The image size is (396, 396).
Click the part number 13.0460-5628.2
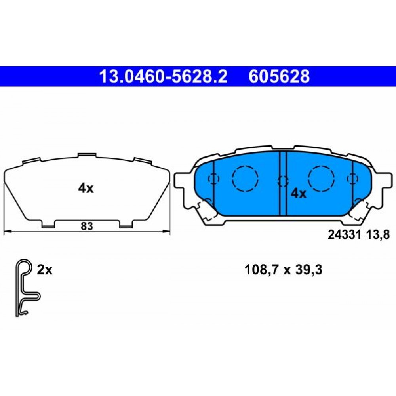[164, 77]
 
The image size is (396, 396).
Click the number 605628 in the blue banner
[279, 77]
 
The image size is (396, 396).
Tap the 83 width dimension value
[87, 226]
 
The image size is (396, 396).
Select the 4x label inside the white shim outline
[86, 188]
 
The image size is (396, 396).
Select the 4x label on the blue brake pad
[299, 194]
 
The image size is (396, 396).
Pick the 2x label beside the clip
[44, 270]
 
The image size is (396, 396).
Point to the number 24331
[345, 235]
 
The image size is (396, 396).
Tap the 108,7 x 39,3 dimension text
[283, 270]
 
